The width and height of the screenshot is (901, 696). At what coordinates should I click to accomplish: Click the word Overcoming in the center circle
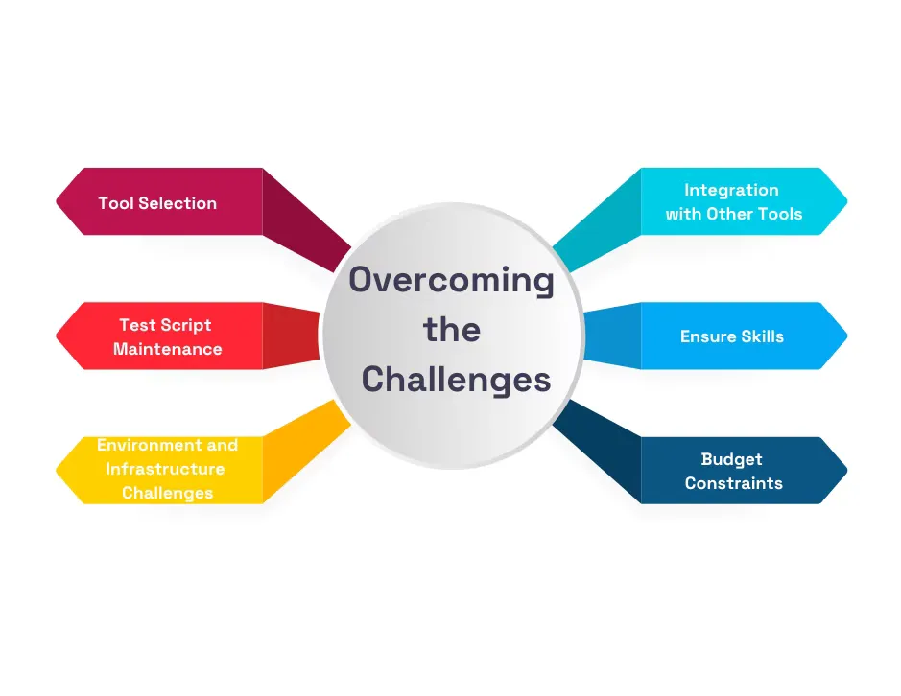[451, 281]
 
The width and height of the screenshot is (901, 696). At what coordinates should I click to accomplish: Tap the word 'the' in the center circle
[452, 330]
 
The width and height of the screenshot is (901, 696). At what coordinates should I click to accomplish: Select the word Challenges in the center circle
[456, 380]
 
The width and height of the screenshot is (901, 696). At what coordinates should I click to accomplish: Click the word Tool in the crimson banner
[115, 203]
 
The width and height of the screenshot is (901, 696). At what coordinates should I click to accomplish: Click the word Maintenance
[167, 349]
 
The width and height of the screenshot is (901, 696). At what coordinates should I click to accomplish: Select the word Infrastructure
[165, 469]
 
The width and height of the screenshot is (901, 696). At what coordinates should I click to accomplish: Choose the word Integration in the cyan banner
[731, 190]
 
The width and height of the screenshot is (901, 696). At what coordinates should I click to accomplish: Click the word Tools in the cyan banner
[779, 214]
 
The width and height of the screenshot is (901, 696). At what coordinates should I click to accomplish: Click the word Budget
[731, 459]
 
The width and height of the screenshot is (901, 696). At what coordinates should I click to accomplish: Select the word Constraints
[733, 483]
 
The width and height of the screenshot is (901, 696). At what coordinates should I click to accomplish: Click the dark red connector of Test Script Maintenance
[290, 336]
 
